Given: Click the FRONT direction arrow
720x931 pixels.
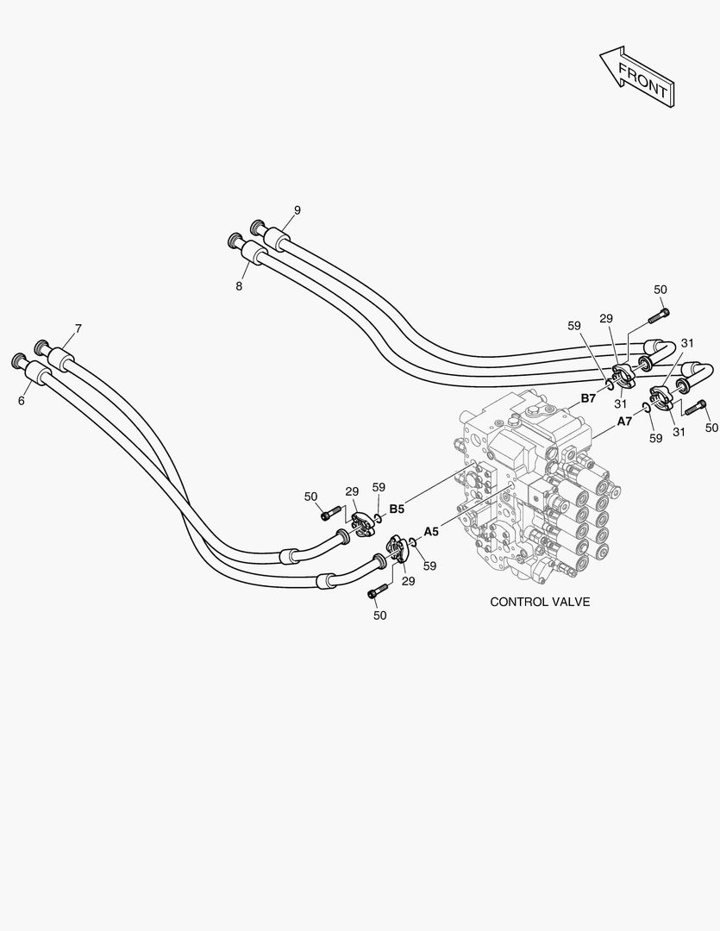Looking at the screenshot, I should pos(638,77).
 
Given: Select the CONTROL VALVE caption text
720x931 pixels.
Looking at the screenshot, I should pos(540,602).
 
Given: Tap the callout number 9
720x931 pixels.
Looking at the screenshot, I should pos(297,210).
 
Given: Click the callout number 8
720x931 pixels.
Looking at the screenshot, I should pos(239,285).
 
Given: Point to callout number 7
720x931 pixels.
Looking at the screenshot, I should pos(78,328).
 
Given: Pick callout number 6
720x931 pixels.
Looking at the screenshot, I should pos(22,400).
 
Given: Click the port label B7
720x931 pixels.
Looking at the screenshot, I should pos(588,397).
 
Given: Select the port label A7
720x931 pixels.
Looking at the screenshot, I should pos(625,422).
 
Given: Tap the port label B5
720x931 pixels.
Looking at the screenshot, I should pos(397,509).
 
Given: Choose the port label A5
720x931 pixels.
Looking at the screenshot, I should pos(431,531).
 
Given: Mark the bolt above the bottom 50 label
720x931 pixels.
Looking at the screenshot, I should pos(377,593).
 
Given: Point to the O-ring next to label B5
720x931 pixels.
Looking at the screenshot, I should pos(378,518).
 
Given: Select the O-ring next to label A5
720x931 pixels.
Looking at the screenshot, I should pos(413,542).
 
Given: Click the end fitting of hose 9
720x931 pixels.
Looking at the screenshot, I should pos(256,227).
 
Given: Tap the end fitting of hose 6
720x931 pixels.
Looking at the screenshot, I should pos(18,359).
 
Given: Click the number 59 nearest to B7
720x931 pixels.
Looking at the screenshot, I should pos(574,326).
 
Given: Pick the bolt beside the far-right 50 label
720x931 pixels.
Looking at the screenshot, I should pos(694,407).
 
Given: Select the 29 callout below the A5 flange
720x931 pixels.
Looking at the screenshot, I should pos(408,581).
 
